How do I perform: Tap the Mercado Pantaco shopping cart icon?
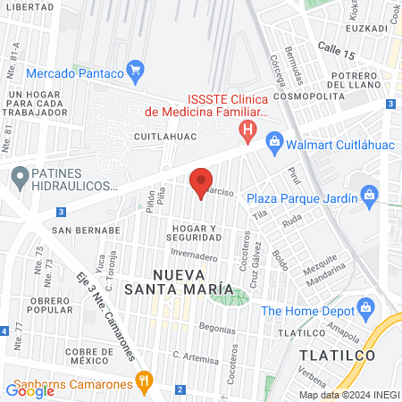coord(136,69)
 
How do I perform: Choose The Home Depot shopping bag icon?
coord(364,309)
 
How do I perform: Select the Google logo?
coord(29,390)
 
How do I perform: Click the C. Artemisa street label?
coord(171,356)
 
